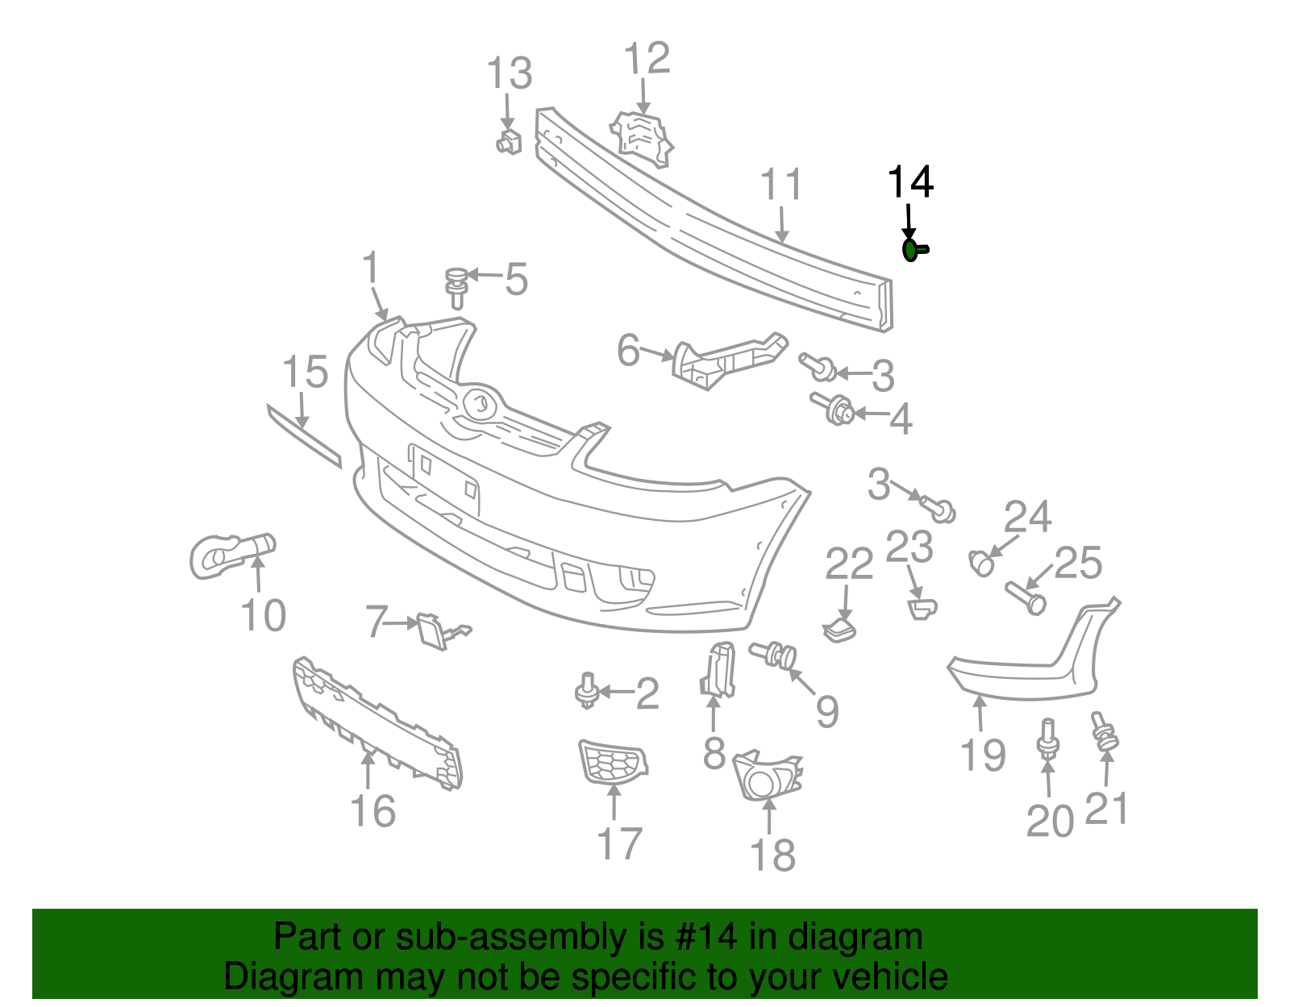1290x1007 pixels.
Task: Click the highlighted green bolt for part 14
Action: [913, 251]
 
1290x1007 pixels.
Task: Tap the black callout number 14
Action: [910, 183]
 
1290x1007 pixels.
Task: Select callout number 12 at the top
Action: [647, 60]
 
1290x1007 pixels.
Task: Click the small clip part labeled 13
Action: [508, 142]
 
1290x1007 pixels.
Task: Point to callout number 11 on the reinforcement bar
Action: [781, 185]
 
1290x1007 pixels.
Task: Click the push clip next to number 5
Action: [457, 287]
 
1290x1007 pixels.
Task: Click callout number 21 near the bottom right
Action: [1106, 809]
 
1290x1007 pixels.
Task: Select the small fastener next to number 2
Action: [587, 692]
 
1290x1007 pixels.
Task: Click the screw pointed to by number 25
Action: [1026, 597]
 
